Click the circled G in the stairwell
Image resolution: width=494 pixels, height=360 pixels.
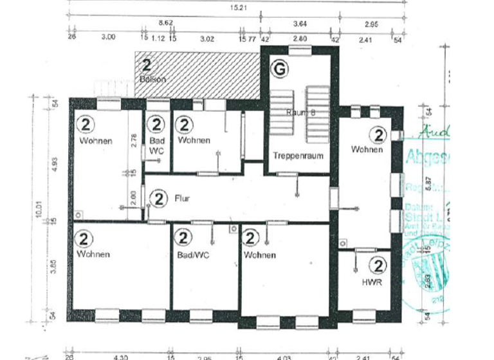point(280,68)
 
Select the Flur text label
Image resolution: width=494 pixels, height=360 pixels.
point(183,199)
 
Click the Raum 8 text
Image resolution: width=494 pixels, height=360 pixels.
point(300,111)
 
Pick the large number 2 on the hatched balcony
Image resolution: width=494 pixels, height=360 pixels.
point(147,65)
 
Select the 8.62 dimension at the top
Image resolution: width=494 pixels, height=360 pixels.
point(165,23)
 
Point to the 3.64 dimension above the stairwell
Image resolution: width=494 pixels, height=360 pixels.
point(299,24)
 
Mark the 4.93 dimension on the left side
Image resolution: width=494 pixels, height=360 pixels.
point(55,165)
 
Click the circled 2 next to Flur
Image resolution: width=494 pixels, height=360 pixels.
point(158,199)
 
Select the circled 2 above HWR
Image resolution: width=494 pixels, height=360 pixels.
point(379,265)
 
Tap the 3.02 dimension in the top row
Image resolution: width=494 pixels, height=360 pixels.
point(207,39)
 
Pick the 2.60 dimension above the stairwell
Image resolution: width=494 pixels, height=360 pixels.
point(300,39)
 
